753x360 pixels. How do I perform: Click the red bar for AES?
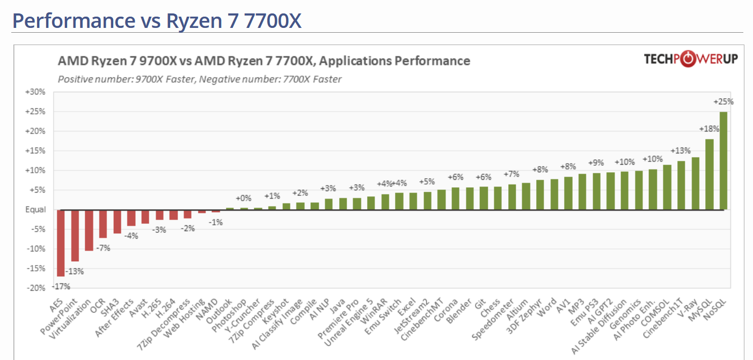61,243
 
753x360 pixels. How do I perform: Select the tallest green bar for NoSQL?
723,160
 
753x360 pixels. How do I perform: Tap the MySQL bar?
709,174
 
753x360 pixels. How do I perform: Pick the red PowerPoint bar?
75,236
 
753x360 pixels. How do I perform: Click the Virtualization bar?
89,230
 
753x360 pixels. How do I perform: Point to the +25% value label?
723,101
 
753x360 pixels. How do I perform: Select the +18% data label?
708,129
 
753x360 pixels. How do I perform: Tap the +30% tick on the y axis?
35,92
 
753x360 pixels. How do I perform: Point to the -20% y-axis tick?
35,288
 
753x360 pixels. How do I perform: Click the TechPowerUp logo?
691,59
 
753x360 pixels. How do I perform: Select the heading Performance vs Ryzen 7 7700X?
157,20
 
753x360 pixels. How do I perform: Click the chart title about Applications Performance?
264,61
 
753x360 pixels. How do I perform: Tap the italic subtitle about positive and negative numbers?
199,79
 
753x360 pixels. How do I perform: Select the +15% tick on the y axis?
35,151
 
